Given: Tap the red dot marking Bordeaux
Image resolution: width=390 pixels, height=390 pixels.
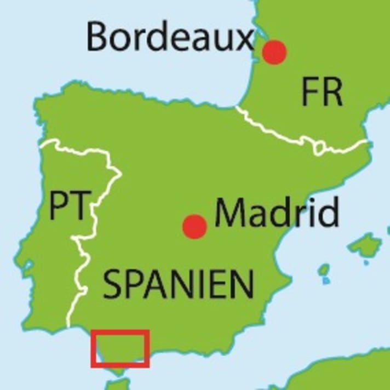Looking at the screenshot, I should tap(274, 52).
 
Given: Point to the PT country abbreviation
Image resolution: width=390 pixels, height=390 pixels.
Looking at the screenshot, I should tap(69, 205).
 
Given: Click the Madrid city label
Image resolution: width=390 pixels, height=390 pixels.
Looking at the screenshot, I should tap(277, 213).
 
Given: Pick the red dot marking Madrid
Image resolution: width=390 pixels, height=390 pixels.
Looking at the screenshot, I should tap(194, 226).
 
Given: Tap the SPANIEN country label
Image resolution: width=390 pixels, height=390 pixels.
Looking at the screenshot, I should tap(179, 284).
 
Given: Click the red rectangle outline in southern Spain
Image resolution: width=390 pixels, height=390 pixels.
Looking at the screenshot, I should tap(121, 331).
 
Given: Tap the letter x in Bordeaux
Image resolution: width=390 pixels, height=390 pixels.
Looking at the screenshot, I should tap(244, 39).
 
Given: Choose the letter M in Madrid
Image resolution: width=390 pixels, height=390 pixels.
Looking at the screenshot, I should tap(230, 213).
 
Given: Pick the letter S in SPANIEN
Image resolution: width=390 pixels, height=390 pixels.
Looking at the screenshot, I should tap(113, 284).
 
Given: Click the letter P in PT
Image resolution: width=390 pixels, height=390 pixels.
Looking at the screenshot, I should tap(59, 205).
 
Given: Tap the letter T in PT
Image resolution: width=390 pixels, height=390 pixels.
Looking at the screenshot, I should tap(79, 205).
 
